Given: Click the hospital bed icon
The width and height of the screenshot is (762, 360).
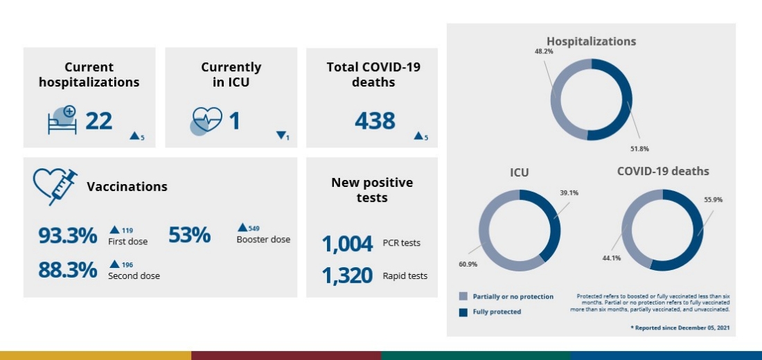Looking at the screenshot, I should pos(62,120).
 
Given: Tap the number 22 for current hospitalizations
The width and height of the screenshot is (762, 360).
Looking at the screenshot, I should pos(99,121).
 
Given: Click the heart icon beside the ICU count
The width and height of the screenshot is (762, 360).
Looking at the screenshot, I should pos(206,121).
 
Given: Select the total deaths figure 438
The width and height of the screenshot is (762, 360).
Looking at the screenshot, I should pos(375,121).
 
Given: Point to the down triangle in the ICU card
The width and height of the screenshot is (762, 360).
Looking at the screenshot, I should pos(281,136).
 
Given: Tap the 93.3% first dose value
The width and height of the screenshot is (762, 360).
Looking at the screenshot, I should pos(67,235).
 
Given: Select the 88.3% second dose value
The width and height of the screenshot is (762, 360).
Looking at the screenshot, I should pos(67,270).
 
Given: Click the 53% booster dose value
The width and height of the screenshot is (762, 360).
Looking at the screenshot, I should pos(189,235).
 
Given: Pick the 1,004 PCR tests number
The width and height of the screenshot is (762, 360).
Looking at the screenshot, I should pos(348,244).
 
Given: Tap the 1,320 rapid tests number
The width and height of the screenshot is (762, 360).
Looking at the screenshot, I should pos(348,276).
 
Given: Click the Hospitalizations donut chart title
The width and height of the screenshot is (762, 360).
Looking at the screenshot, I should pos(591,42).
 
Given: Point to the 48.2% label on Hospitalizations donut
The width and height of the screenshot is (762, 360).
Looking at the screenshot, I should pos(543,51).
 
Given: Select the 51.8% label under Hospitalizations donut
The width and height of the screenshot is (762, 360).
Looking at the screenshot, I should pos(639,149).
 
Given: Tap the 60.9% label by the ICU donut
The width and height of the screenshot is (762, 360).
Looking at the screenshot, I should pos(467,264).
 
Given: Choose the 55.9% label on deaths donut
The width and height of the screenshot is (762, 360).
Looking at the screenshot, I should pos(713,199).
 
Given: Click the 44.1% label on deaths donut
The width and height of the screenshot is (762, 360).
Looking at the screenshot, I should pos(611,258).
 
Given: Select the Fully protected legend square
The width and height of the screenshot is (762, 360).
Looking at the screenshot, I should pos(463,312).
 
